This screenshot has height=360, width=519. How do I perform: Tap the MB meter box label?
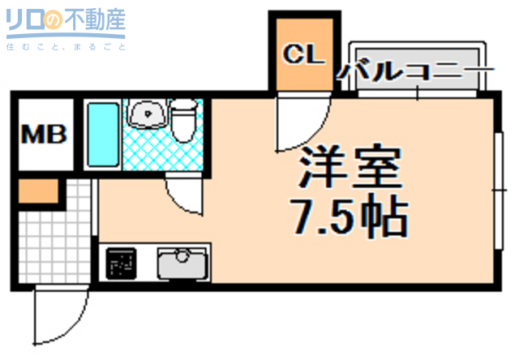click(44, 134)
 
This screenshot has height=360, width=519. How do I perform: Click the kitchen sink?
click(182, 263)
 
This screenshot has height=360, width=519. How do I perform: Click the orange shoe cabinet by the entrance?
click(38, 192)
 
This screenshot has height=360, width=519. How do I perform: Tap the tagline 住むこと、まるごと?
click(65, 47)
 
